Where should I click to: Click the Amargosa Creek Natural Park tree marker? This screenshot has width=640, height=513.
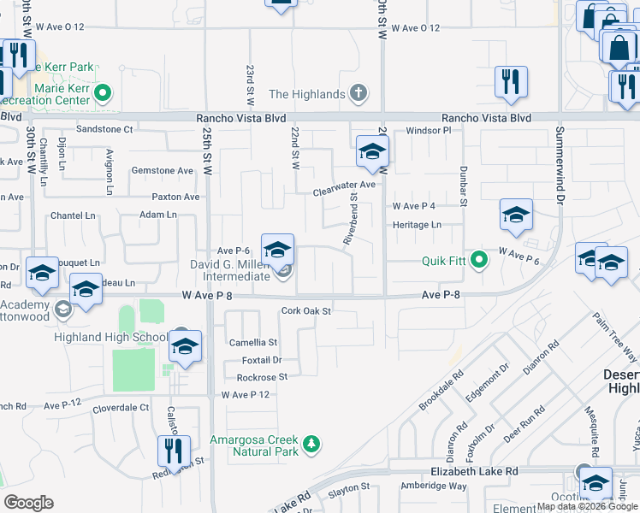(x=313, y=444)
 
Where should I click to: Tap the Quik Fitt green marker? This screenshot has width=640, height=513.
(x=480, y=257)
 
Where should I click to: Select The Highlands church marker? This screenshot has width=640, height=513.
(x=359, y=93)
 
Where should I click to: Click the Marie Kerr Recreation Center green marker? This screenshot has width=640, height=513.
(x=103, y=92)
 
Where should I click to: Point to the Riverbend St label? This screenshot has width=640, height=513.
(x=350, y=220)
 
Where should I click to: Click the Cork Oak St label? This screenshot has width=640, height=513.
(x=306, y=311)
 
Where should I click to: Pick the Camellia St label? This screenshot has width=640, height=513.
(x=253, y=342)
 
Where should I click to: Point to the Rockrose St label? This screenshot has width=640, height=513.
(x=261, y=377)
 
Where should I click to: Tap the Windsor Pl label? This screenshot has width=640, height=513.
(x=428, y=131)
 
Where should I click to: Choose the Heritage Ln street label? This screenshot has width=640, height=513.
(x=417, y=225)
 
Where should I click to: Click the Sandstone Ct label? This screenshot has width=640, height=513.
(x=105, y=130)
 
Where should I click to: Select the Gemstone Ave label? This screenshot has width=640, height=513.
(x=163, y=171)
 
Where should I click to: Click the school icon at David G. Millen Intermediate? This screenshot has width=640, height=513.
(x=277, y=251)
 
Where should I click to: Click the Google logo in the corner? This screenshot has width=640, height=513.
(x=29, y=502)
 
